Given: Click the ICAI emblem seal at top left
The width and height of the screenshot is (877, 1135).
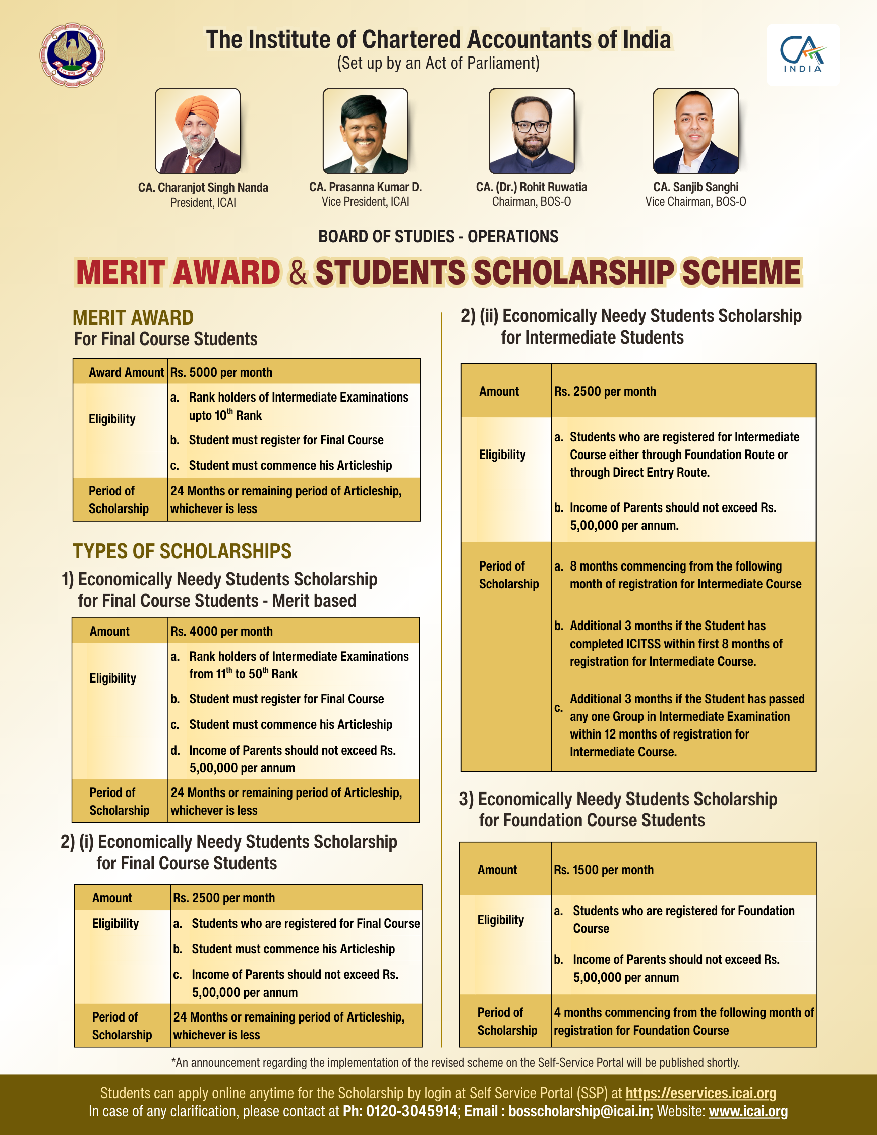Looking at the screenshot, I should (73, 54).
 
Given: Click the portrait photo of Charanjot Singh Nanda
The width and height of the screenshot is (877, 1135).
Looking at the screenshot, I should (197, 131).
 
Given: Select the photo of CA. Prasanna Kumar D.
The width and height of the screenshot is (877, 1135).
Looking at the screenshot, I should (365, 131).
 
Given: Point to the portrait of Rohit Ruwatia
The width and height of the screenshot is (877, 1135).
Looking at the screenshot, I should (532, 131).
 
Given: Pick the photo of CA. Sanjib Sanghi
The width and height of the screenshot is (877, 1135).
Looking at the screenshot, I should (695, 131).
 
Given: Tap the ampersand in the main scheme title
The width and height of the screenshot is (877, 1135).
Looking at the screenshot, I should (298, 273).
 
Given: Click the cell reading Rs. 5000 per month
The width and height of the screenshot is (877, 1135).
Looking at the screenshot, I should (221, 372).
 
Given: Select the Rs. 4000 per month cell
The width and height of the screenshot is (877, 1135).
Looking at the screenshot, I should (222, 631).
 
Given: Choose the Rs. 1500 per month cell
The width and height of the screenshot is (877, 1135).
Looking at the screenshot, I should (604, 870).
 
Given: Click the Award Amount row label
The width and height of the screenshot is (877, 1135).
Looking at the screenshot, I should (126, 372).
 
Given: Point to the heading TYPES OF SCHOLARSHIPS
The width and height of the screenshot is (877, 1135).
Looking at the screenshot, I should (182, 551).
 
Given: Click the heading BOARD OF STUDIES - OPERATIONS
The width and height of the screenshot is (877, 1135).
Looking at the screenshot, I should (438, 236).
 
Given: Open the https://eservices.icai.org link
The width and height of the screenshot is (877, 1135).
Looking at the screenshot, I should (701, 1093).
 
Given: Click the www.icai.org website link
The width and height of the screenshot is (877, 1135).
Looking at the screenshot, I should (748, 1111).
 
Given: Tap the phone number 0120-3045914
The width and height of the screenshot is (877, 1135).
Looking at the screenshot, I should (412, 1111).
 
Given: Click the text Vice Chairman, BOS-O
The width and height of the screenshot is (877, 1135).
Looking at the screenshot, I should (695, 202).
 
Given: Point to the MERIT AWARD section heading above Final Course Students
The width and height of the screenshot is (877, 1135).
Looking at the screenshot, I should (133, 317).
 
